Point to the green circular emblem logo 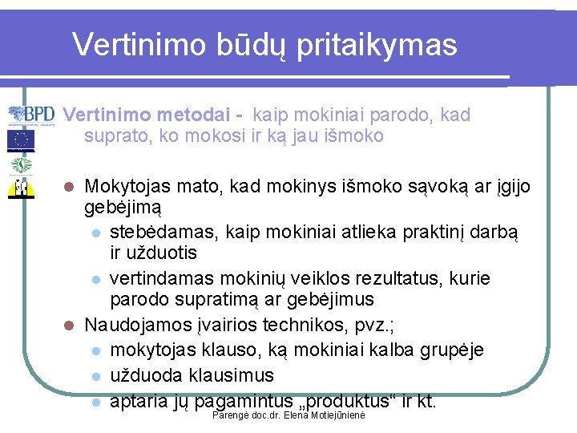pyautogui.click(x=21, y=166)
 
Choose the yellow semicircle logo pyautogui.click(x=21, y=188)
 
